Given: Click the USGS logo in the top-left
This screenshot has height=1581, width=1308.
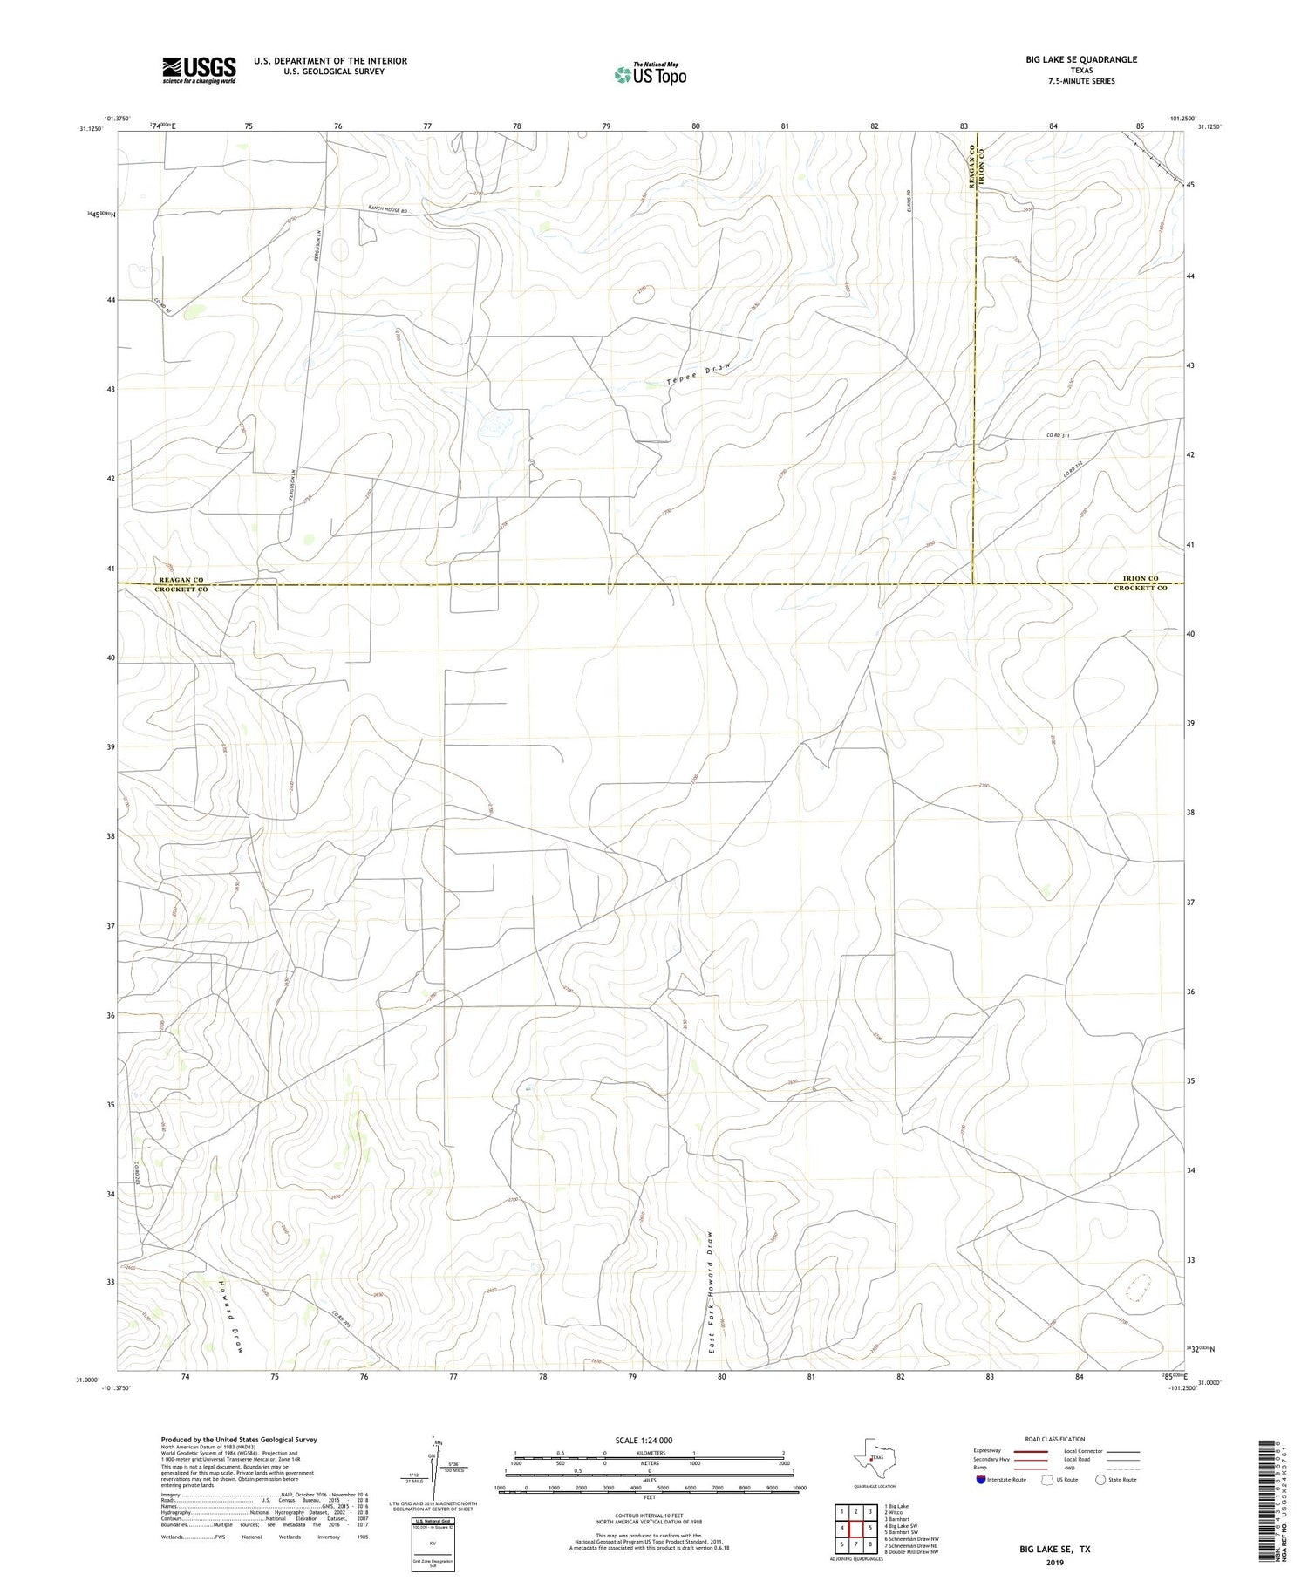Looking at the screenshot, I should [x=199, y=70].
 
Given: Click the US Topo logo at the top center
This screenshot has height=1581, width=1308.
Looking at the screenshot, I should [x=650, y=74].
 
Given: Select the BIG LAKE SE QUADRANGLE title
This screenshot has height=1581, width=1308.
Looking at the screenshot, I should [x=1081, y=59].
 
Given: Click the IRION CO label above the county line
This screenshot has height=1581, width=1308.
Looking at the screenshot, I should [x=1140, y=579].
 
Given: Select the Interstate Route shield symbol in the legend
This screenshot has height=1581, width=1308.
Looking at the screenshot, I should [x=981, y=1480].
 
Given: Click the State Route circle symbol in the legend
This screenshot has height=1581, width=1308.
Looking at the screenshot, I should [x=1101, y=1480].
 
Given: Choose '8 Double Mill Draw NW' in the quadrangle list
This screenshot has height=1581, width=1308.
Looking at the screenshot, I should [x=911, y=1551].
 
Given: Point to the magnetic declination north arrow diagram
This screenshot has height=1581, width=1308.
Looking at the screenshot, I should [x=432, y=1467].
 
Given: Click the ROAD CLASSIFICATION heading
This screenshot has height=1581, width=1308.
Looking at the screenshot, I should [x=1055, y=1439].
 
